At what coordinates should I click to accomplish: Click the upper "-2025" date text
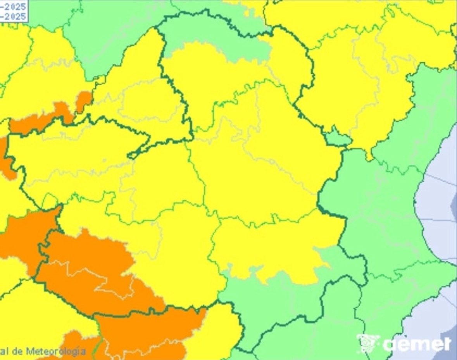tap(14, 7)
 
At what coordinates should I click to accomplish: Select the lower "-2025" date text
tap(14, 17)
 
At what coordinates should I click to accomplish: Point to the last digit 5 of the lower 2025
tap(23, 17)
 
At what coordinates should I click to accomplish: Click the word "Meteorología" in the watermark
tap(56, 351)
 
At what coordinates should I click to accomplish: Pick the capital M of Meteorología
tap(30, 351)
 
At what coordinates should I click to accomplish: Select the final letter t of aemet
tap(447, 344)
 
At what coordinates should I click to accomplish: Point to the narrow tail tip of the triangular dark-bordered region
tap(132, 155)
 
